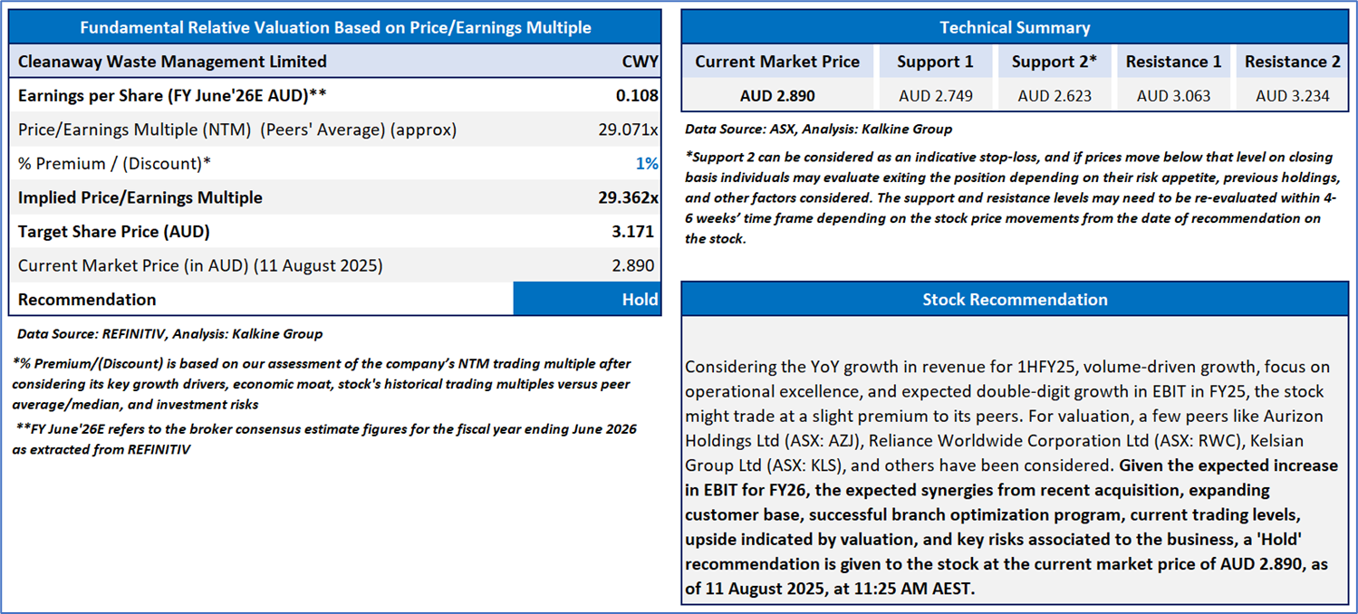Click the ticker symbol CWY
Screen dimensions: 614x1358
click(x=640, y=62)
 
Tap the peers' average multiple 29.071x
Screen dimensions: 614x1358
click(x=628, y=130)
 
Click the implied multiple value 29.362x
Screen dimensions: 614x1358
click(x=628, y=197)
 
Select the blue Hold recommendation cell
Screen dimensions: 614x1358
click(x=587, y=299)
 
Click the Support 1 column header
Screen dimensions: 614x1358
click(x=935, y=62)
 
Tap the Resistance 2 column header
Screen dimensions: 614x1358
click(x=1292, y=62)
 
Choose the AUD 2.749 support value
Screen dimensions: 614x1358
click(x=935, y=96)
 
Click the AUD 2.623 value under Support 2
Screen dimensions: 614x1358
click(x=1055, y=96)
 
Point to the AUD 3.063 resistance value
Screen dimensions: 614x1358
click(x=1173, y=96)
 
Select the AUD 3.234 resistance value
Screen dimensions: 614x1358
click(x=1292, y=96)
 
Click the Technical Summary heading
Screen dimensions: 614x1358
click(x=1015, y=27)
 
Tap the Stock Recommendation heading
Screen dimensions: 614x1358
click(x=1015, y=299)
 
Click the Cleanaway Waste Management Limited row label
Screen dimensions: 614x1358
click(x=172, y=62)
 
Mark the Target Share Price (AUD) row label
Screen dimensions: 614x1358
click(x=113, y=231)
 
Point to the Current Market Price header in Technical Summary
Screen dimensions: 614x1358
click(x=777, y=62)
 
